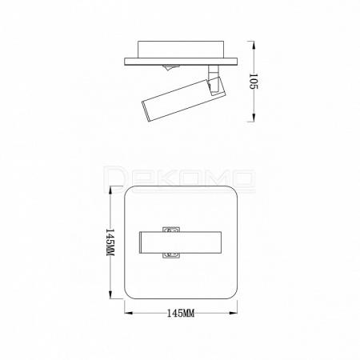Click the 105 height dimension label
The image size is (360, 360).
tap(253, 82)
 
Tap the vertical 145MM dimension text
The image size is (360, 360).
tap(110, 242)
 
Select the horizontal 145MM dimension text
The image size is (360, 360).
tap(181, 313)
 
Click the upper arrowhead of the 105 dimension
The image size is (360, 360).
tap(254, 45)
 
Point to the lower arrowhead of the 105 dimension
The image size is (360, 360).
tap(254, 118)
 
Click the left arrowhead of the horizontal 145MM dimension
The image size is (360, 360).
tap(129, 313)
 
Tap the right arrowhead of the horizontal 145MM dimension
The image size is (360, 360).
tap(233, 313)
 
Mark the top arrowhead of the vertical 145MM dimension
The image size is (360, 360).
tap(110, 190)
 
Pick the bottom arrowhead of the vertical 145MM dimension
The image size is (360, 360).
tap(110, 294)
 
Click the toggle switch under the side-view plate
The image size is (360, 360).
tap(167, 67)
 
